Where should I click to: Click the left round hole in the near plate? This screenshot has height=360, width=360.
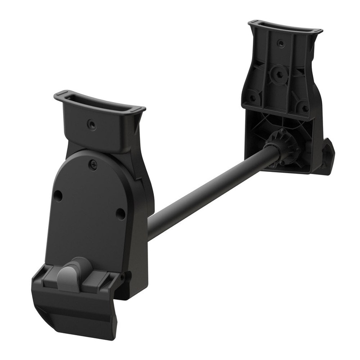click(x=58, y=196)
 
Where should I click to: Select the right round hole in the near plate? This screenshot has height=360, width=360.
click(x=120, y=213)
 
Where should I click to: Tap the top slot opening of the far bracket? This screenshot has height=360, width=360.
click(x=285, y=27)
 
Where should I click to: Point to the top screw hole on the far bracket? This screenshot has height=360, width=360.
click(x=281, y=44)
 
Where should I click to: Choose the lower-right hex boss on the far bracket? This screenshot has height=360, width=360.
click(x=306, y=108)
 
